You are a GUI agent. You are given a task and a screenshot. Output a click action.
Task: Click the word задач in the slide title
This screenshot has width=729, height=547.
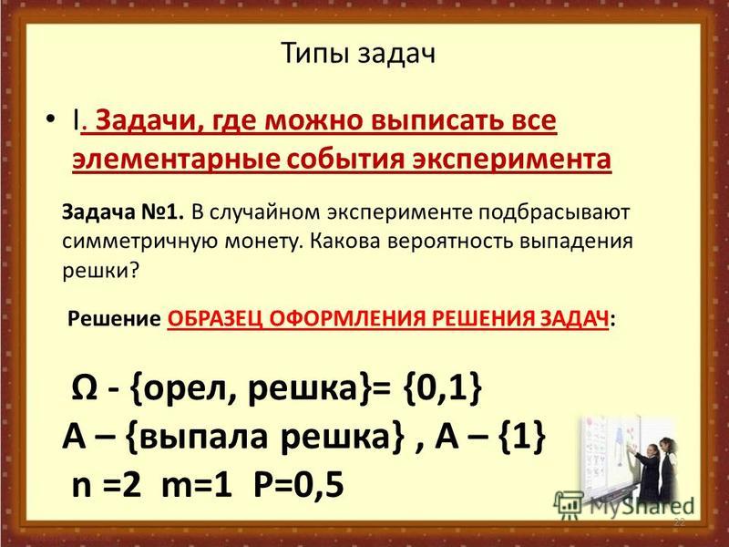(x=396, y=55)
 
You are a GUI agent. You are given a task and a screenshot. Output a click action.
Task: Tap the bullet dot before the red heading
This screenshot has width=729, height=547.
(x=51, y=119)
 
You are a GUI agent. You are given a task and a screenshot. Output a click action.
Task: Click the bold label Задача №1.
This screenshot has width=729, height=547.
(x=123, y=212)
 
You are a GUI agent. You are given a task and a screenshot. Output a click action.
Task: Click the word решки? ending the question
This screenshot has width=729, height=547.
(x=101, y=271)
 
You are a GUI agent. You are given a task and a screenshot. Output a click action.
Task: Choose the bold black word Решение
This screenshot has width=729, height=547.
(x=115, y=319)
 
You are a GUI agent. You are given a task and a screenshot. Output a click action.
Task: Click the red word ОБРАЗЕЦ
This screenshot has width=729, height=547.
(x=215, y=320)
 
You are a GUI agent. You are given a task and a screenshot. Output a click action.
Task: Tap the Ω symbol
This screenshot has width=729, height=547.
(x=84, y=388)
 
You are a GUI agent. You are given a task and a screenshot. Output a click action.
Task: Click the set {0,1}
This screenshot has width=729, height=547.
(x=443, y=388)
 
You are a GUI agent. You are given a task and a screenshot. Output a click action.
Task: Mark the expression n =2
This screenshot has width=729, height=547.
(x=106, y=485)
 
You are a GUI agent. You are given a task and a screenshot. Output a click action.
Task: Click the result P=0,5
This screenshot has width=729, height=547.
(x=299, y=485)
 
